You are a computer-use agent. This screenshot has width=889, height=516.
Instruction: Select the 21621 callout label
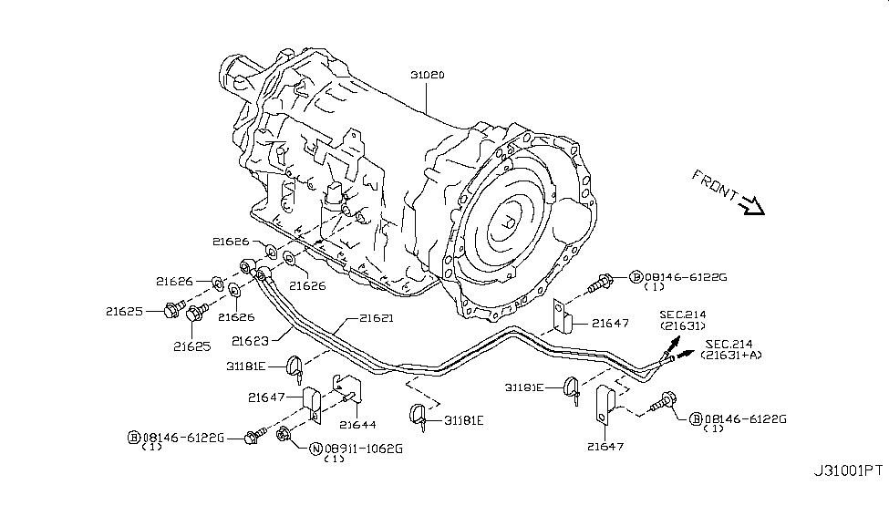pyautogui.click(x=376, y=318)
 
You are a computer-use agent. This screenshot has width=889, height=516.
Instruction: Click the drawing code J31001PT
pyautogui.click(x=848, y=473)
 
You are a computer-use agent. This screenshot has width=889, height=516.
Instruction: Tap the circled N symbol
pyautogui.click(x=315, y=449)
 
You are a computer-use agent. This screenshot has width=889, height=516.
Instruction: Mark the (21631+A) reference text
pyautogui.click(x=735, y=355)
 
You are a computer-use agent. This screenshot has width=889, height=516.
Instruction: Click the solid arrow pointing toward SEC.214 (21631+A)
pyautogui.click(x=684, y=352)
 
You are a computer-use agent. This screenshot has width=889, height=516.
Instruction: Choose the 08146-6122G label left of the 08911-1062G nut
pyautogui.click(x=183, y=438)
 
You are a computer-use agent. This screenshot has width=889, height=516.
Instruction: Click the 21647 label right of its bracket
pyautogui.click(x=610, y=322)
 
